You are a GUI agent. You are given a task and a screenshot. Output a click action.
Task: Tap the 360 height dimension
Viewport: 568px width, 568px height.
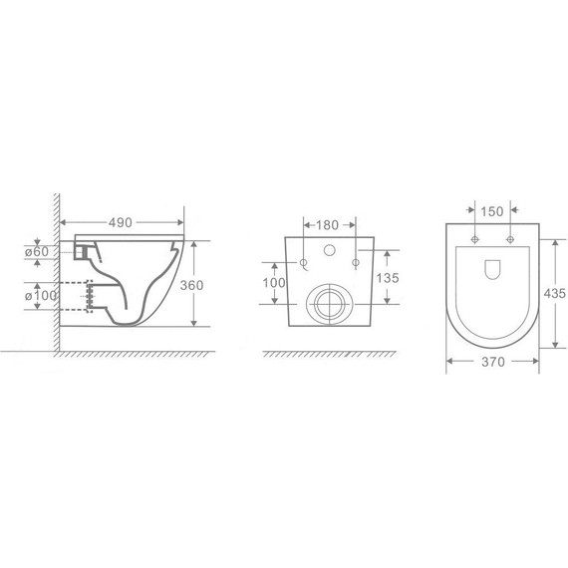194,285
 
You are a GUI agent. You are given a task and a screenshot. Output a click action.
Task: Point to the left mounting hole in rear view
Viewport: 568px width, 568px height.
303,262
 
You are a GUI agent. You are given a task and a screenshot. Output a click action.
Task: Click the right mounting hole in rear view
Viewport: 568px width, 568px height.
355,262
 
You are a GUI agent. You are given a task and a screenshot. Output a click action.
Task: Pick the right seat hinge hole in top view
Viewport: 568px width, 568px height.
509,241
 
